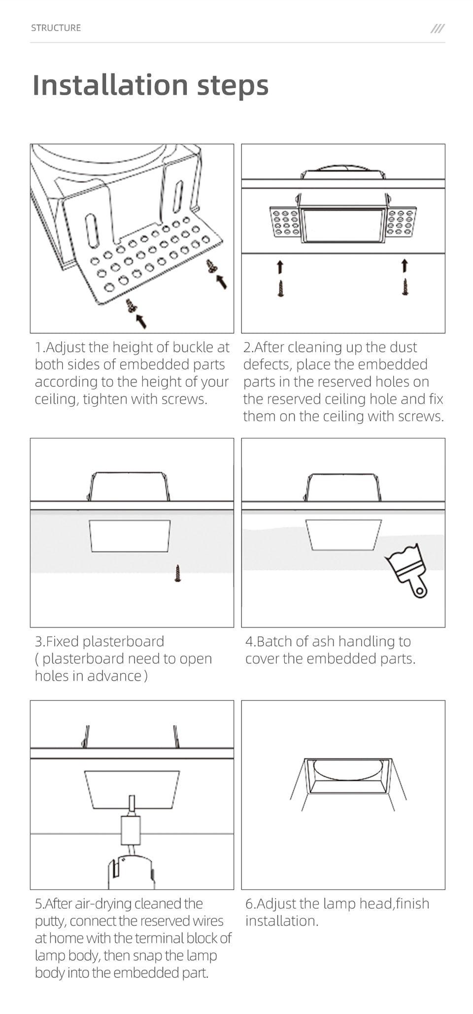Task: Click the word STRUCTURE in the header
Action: (x=56, y=28)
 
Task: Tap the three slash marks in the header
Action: (x=437, y=29)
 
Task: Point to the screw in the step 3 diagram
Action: (x=178, y=573)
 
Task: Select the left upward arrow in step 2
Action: (x=280, y=267)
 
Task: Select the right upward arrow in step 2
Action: (x=405, y=266)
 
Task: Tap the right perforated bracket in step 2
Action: (x=402, y=222)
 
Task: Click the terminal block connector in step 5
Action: (x=131, y=830)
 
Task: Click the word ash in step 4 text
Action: (x=323, y=641)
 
